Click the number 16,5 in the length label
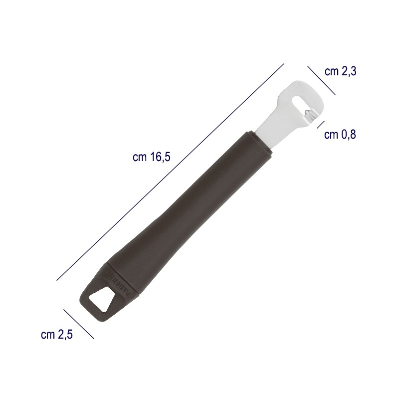click(160, 158)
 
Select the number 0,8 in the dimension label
click(346, 135)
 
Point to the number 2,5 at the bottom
click(63, 335)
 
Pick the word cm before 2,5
click(47, 335)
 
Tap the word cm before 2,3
click(331, 72)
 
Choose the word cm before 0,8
click(331, 135)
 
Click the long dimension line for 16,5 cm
click(170, 173)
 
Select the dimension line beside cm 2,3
click(322, 80)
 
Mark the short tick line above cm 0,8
click(321, 124)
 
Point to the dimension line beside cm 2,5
click(79, 324)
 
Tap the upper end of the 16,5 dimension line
click(283, 64)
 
